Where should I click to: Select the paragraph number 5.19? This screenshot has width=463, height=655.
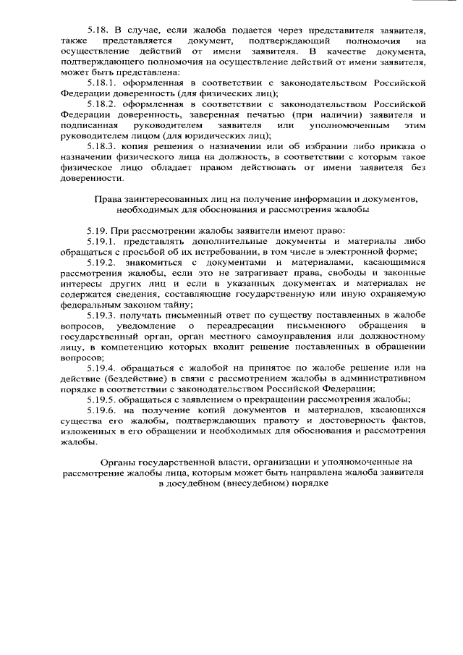[98, 230]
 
